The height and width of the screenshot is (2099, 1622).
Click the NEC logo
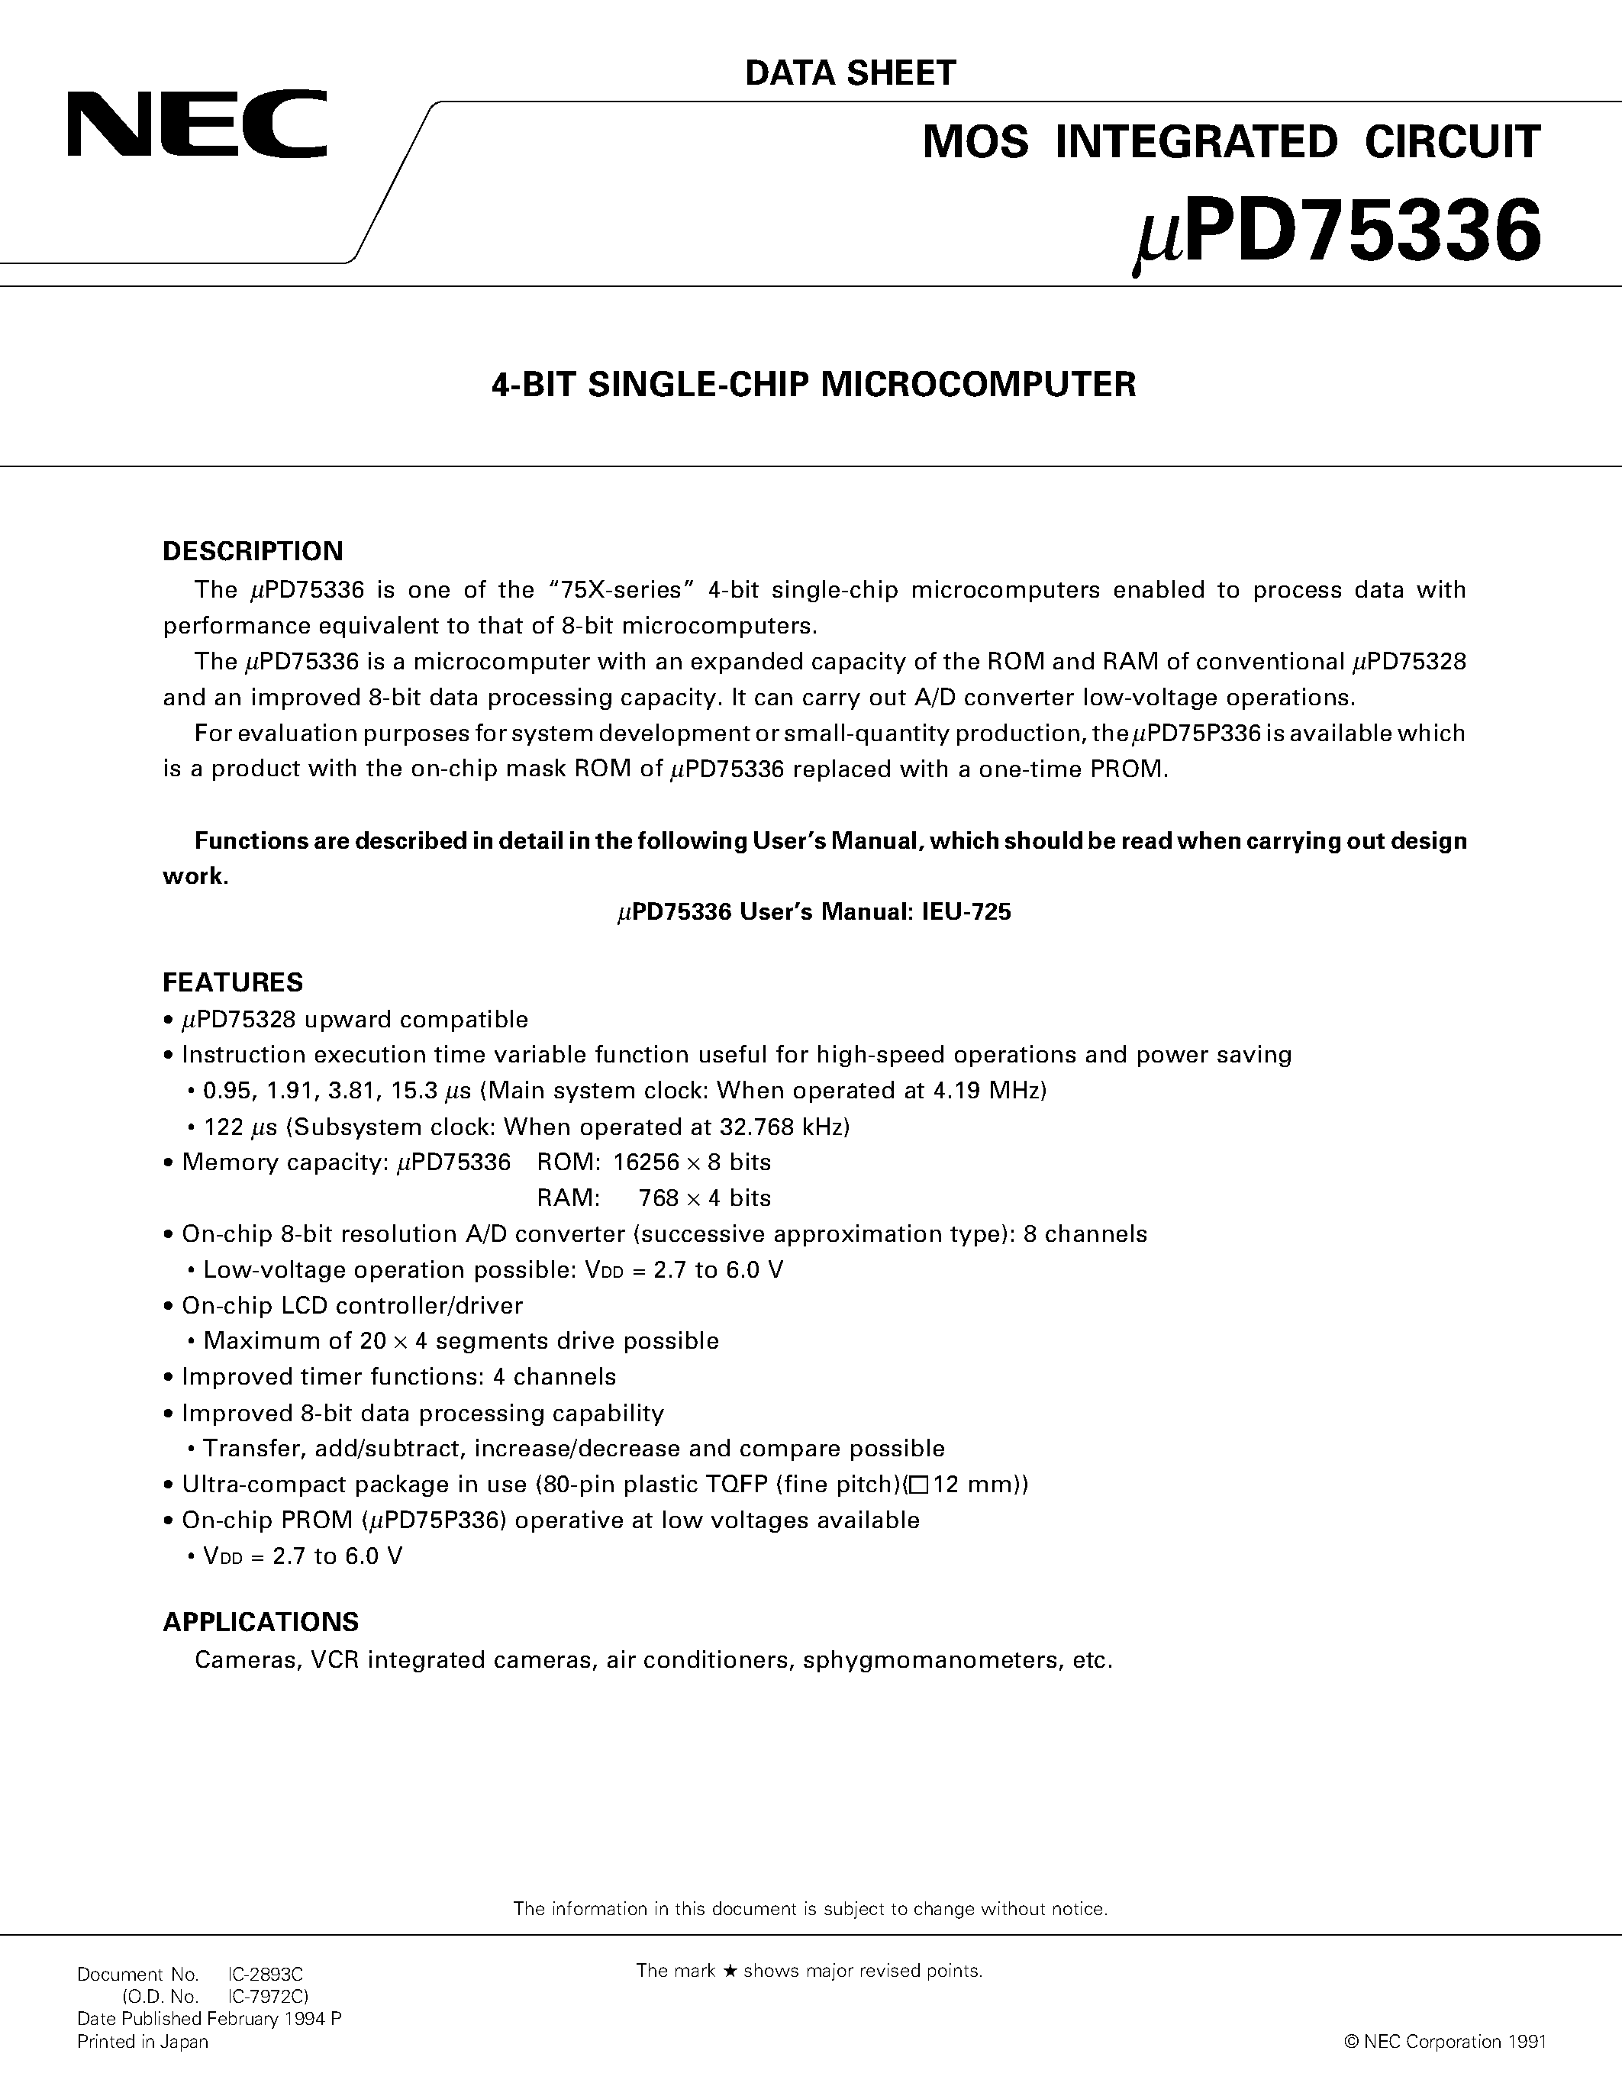[x=197, y=125]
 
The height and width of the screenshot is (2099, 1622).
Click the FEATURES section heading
[x=233, y=982]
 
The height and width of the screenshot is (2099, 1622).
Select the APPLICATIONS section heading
[x=260, y=1621]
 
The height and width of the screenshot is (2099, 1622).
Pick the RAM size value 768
[x=658, y=1198]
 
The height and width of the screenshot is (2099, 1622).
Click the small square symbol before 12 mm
[x=917, y=1485]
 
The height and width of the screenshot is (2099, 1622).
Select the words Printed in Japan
[x=142, y=2041]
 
